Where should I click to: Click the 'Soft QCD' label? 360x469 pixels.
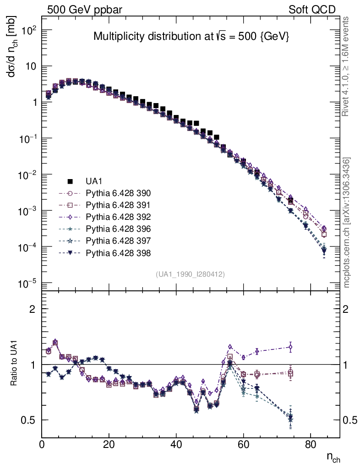(x=312, y=10)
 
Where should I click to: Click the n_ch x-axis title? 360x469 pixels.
(x=333, y=457)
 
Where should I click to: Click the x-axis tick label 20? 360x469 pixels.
(x=109, y=445)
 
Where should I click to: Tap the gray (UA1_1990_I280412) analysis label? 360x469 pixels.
(x=190, y=274)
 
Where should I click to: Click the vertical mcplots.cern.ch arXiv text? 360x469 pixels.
(x=347, y=223)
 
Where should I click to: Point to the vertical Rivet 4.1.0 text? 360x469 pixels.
(x=347, y=67)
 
